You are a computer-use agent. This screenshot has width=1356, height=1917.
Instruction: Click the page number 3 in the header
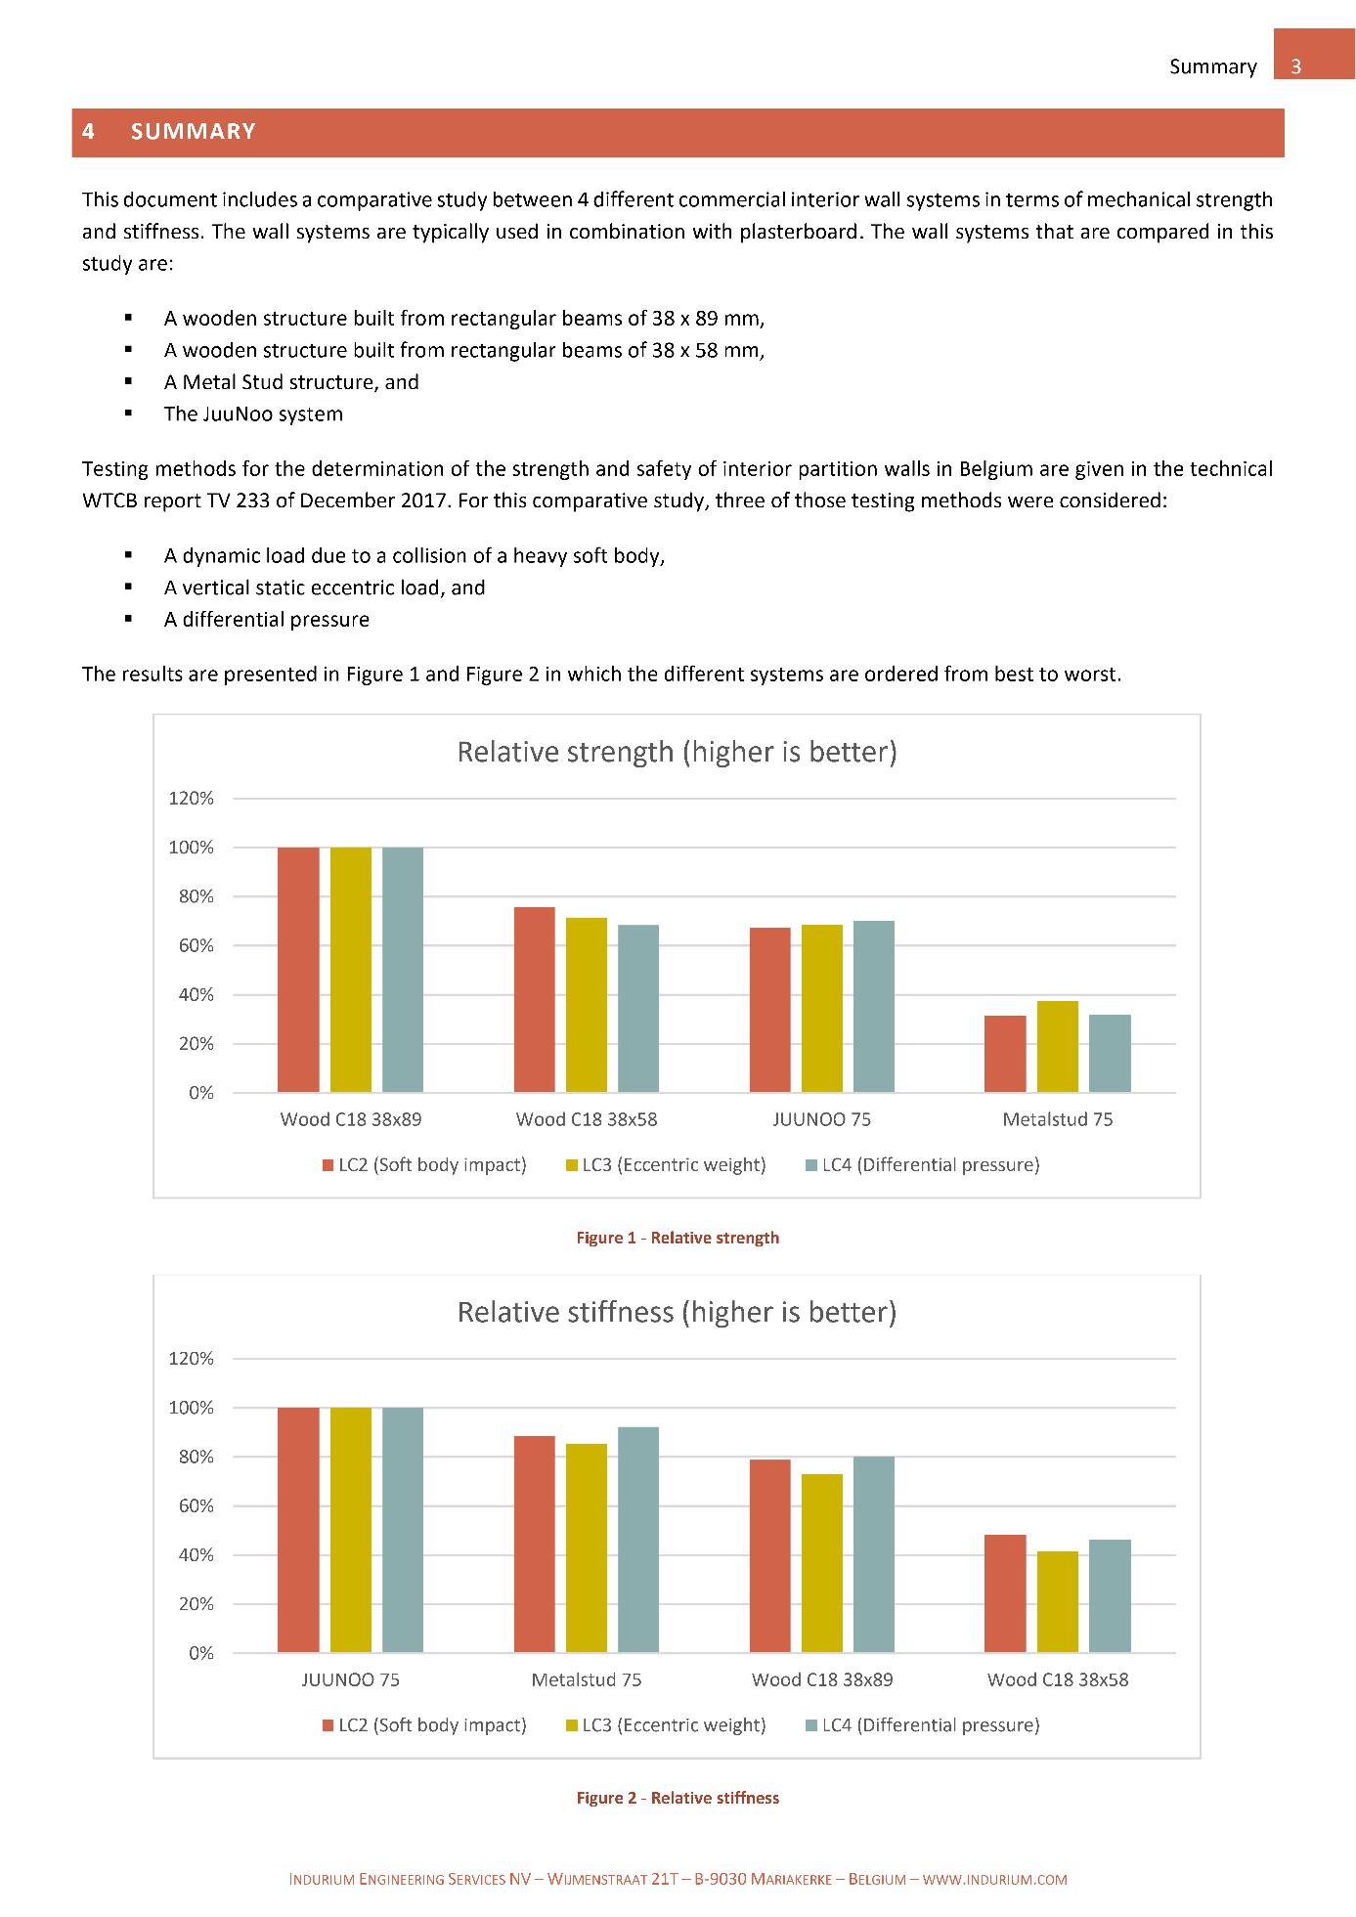(1296, 66)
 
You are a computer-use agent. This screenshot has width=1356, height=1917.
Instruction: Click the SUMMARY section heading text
(193, 132)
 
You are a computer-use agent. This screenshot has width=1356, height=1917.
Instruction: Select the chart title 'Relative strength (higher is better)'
(677, 752)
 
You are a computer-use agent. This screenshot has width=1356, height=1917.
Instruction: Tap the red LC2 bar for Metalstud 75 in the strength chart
(1005, 1054)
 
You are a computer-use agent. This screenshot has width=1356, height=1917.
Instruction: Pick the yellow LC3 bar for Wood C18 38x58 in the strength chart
(587, 1005)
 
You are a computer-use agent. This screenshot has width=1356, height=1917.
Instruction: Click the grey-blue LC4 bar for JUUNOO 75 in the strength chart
(874, 1006)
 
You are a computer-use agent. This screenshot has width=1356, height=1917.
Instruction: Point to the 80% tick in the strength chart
(192, 896)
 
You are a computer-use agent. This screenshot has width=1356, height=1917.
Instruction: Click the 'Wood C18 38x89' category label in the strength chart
(351, 1119)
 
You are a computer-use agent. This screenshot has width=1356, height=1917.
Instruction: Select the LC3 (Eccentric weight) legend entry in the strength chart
(665, 1164)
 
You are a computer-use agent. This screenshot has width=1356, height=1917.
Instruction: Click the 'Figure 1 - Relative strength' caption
(678, 1238)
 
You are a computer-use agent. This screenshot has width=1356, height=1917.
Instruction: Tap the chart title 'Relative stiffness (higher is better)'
(677, 1312)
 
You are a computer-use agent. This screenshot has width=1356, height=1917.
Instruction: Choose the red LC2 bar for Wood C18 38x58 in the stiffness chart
(1005, 1593)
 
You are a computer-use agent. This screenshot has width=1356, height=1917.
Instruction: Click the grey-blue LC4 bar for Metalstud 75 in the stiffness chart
(638, 1540)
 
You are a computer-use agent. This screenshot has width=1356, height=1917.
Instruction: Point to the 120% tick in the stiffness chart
(192, 1359)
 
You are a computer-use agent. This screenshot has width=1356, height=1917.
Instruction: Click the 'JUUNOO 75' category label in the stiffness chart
(350, 1679)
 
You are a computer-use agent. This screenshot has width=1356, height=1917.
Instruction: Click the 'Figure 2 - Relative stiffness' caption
(678, 1798)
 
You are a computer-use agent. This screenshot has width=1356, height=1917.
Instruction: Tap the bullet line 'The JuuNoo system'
(253, 414)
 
